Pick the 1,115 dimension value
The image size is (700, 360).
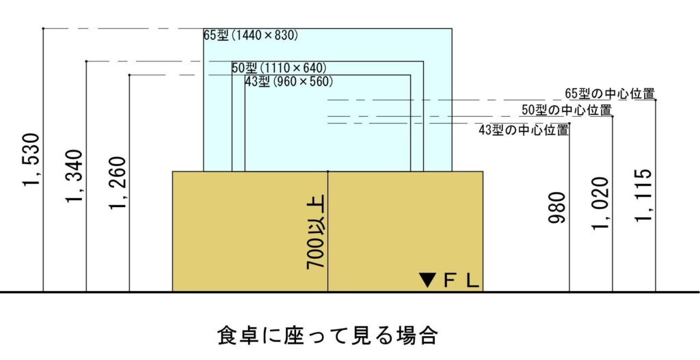pyautogui.click(x=644, y=195)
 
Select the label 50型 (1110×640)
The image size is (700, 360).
pyautogui.click(x=278, y=68)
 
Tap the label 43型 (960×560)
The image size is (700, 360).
pyautogui.click(x=288, y=81)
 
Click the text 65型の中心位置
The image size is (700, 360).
pyautogui.click(x=610, y=94)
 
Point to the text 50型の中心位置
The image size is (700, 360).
pyautogui.click(x=566, y=110)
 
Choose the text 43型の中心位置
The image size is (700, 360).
pyautogui.click(x=524, y=130)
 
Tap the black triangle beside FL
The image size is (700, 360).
pyautogui.click(x=428, y=280)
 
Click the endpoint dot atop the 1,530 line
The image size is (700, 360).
pyautogui.click(x=43, y=29)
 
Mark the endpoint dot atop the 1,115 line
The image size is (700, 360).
pyautogui.click(x=656, y=100)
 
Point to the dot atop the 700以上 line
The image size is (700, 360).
pyautogui.click(x=328, y=171)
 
